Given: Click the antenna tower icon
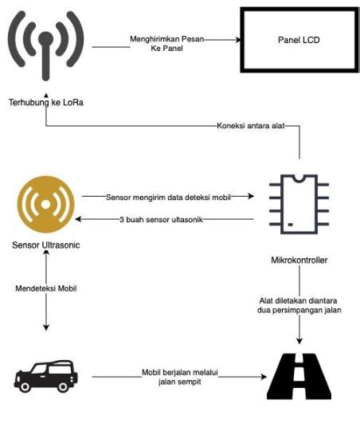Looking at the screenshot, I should pyautogui.click(x=45, y=49).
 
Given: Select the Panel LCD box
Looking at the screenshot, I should pyautogui.click(x=293, y=39).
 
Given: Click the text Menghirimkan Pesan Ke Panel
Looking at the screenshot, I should pyautogui.click(x=166, y=45).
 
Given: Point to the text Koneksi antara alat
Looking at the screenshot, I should pyautogui.click(x=250, y=126).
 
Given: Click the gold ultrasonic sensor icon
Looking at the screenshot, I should pyautogui.click(x=46, y=206).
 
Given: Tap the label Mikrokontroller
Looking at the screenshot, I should pyautogui.click(x=299, y=259).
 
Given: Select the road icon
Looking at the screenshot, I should pyautogui.click(x=300, y=377).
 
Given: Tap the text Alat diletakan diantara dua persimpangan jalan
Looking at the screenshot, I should pyautogui.click(x=299, y=306).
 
